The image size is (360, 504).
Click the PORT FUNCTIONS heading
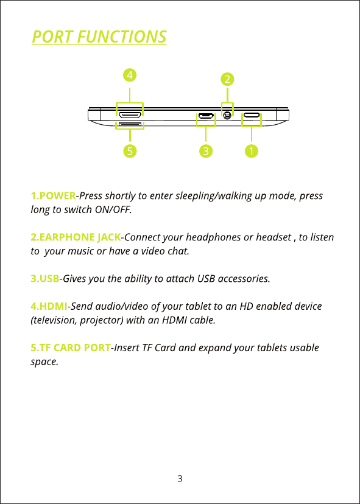pyautogui.click(x=99, y=37)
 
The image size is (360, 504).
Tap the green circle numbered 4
pyautogui.click(x=130, y=75)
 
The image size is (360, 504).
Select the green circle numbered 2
pyautogui.click(x=227, y=79)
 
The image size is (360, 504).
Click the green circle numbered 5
pyautogui.click(x=130, y=151)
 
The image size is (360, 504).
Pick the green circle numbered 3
pyautogui.click(x=206, y=151)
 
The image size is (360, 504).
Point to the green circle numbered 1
pyautogui.click(x=251, y=151)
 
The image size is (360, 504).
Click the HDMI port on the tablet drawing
pyautogui.click(x=130, y=115)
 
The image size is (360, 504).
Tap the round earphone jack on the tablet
pyautogui.click(x=227, y=115)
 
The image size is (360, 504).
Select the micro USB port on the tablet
pyautogui.click(x=205, y=116)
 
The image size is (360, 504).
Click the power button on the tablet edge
pyautogui.click(x=252, y=115)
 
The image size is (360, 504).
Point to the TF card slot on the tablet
pyautogui.click(x=130, y=124)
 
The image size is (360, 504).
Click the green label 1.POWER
pyautogui.click(x=54, y=195)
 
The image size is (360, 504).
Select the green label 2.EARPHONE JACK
pyautogui.click(x=76, y=237)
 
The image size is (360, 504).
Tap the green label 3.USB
pyautogui.click(x=45, y=278)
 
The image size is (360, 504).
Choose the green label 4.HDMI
pyautogui.click(x=49, y=306)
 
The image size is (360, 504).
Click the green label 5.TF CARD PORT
pyautogui.click(x=71, y=348)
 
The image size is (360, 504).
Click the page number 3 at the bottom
pyautogui.click(x=180, y=478)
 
